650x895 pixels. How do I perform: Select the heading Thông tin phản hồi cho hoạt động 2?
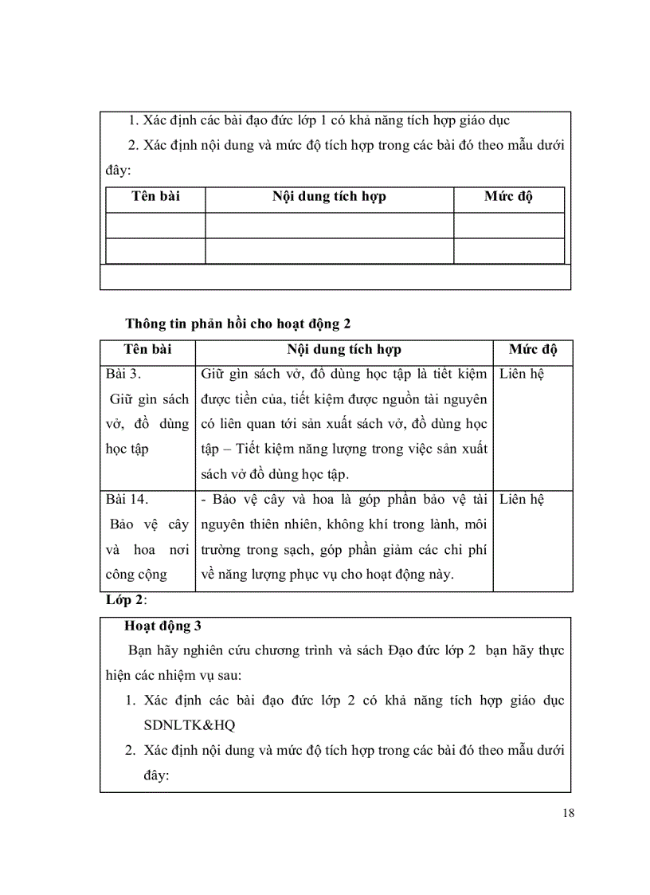237,323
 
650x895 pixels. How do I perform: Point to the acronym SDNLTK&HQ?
190,725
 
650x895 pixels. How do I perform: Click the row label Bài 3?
123,374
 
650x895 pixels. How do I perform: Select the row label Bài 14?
127,499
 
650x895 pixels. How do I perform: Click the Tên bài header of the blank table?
155,197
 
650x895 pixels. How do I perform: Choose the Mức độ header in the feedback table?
533,349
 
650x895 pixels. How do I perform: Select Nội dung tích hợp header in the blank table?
329,197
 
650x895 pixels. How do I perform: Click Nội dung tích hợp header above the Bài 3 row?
344,349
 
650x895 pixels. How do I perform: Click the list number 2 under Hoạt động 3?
131,750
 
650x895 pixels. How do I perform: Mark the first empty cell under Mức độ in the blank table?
508,225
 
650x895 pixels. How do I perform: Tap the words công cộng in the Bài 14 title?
136,573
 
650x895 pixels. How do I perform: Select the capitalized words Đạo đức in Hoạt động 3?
423,650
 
